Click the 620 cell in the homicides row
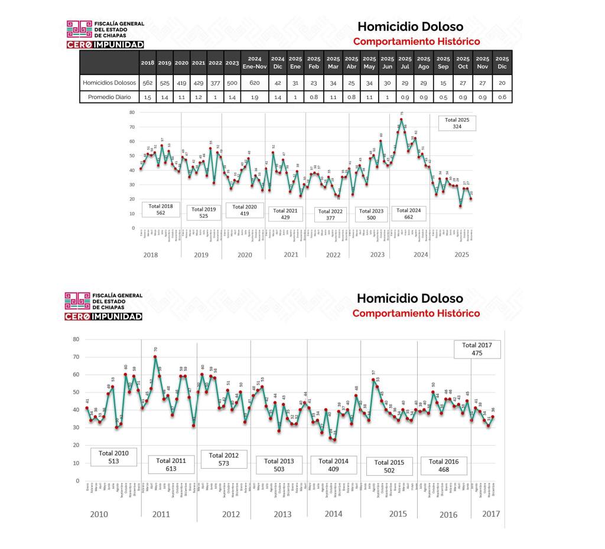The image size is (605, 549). [x=255, y=83]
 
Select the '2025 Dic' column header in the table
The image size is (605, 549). [x=502, y=62]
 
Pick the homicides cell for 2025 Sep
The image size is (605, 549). [x=443, y=83]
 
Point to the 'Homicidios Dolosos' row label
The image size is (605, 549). [x=109, y=83]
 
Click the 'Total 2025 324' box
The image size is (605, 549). [x=457, y=123]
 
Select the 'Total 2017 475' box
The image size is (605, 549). [x=477, y=349]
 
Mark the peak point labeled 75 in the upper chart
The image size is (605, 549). [x=401, y=120]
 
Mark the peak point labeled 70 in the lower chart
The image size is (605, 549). [x=155, y=357]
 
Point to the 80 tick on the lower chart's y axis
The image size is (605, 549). [x=76, y=339]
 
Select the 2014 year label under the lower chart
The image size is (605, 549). [x=333, y=514]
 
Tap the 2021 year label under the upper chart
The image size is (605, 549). [x=290, y=254]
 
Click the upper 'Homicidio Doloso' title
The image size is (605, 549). [x=410, y=27]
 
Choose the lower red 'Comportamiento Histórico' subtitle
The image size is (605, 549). [x=416, y=313]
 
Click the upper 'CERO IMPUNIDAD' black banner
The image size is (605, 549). [x=105, y=45]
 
